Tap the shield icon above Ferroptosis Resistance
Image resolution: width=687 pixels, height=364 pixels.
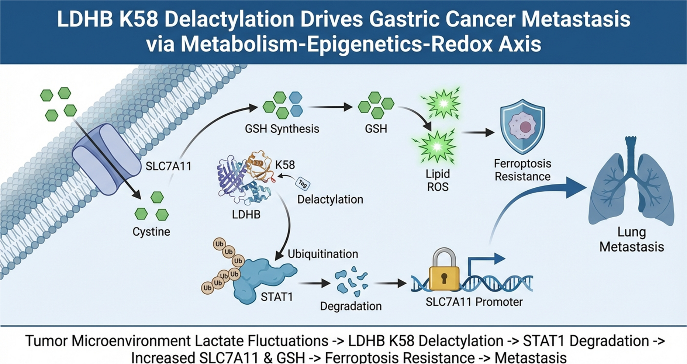pyautogui.click(x=522, y=126)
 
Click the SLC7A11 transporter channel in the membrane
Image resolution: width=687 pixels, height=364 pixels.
pyautogui.click(x=101, y=159)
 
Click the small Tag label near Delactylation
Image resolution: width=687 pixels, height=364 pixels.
pyautogui.click(x=303, y=183)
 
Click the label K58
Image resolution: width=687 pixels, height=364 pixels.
pyautogui.click(x=285, y=164)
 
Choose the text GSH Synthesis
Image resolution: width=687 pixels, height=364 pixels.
pyautogui.click(x=282, y=129)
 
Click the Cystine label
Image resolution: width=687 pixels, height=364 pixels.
pyautogui.click(x=151, y=232)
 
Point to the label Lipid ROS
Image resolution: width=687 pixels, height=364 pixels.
pyautogui.click(x=438, y=180)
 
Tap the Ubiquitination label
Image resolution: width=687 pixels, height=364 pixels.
pyautogui.click(x=322, y=254)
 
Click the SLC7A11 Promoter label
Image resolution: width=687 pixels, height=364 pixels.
pyautogui.click(x=474, y=302)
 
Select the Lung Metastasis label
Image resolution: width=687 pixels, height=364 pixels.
pyautogui.click(x=631, y=239)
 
